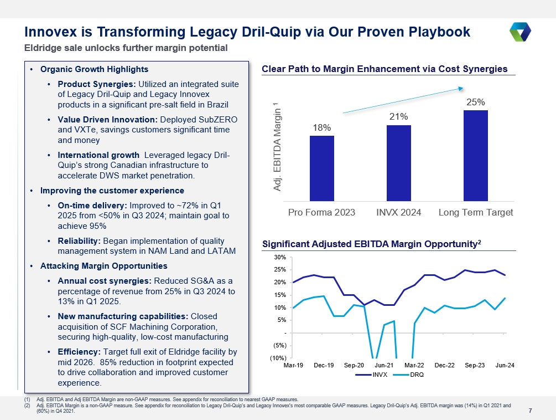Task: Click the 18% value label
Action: (x=321, y=127)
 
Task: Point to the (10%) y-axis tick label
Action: (x=277, y=357)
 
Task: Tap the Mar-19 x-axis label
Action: (x=293, y=365)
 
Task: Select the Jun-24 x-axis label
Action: (x=505, y=365)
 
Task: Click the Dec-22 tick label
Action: (x=444, y=365)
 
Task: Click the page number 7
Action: (x=531, y=411)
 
